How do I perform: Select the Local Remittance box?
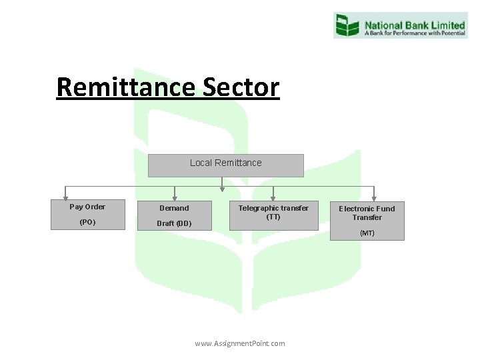(225, 166)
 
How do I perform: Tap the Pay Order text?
(87, 207)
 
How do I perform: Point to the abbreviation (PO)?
(87, 222)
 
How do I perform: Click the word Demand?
(174, 208)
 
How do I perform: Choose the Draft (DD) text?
(174, 223)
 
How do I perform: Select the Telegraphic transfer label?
(273, 208)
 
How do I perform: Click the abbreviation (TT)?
(273, 217)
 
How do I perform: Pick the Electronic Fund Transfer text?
(367, 213)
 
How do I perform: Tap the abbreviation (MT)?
(367, 233)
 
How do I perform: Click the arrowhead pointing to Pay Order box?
(65, 197)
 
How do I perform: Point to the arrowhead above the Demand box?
(175, 197)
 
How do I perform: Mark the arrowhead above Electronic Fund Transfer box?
(374, 197)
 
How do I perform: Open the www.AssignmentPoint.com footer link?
(240, 343)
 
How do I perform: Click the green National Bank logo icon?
(347, 25)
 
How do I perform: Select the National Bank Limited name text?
(414, 21)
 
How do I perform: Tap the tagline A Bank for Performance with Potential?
(414, 31)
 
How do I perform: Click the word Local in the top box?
(201, 163)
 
